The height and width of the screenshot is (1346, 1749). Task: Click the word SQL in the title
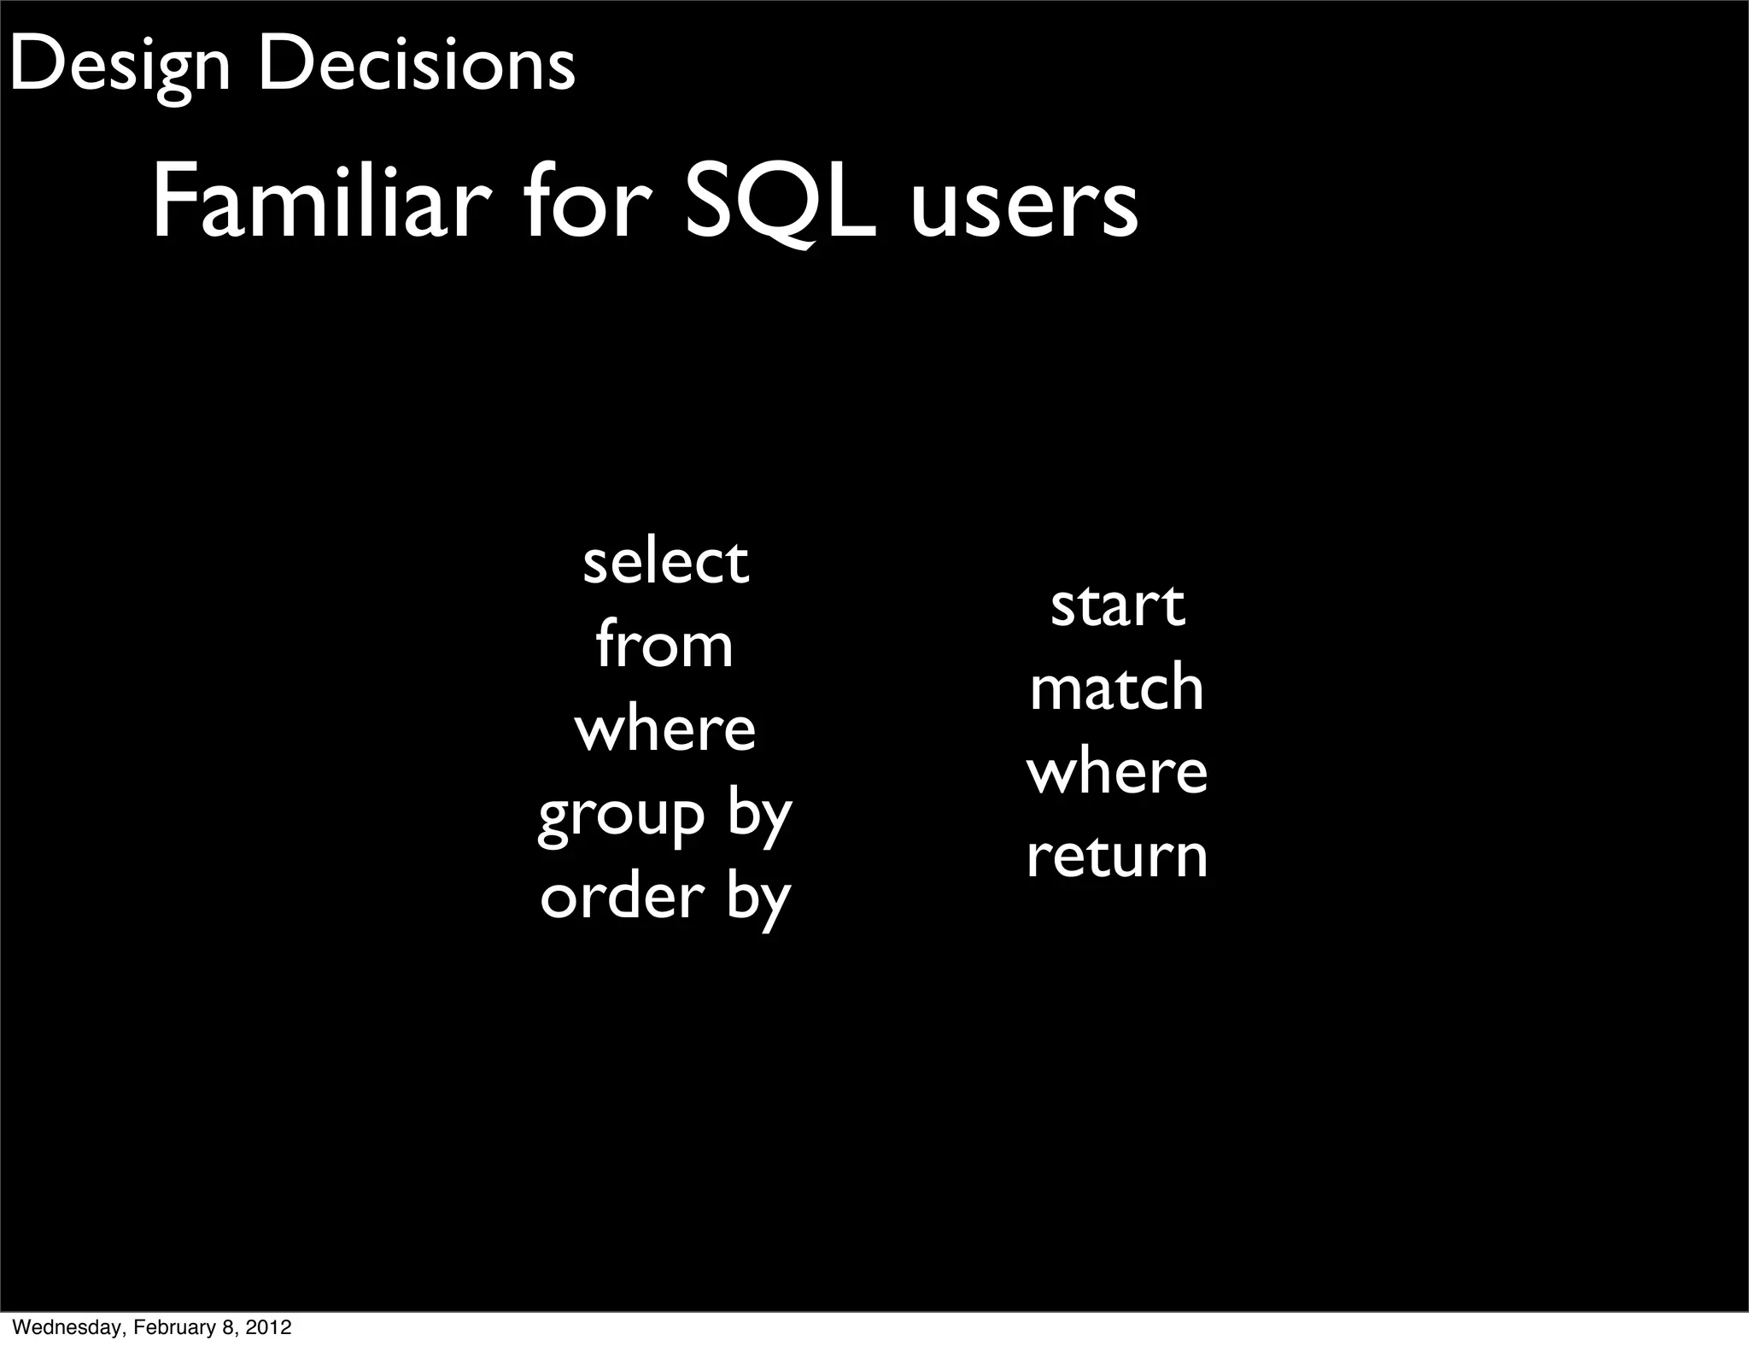(781, 205)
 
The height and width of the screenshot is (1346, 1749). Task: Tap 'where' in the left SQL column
(664, 729)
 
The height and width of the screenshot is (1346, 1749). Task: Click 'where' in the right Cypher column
(1117, 771)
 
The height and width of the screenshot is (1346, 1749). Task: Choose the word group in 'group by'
(622, 816)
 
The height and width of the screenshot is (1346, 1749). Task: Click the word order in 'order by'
(623, 897)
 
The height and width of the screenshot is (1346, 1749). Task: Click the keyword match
(1117, 688)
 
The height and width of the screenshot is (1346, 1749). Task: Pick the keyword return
(1117, 855)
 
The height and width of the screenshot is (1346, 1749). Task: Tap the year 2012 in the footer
(270, 1327)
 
